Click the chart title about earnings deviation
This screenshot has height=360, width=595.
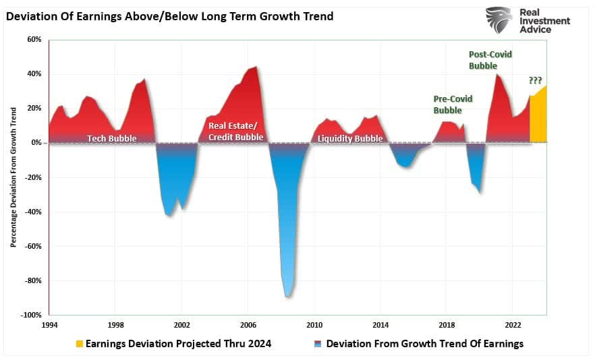[x=169, y=16]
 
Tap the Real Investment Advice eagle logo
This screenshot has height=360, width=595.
[x=499, y=20]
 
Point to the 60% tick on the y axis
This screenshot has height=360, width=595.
[x=34, y=40]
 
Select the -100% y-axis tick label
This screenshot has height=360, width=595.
[x=31, y=315]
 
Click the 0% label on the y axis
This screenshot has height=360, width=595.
[x=36, y=143]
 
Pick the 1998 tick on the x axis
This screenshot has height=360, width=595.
[x=115, y=324]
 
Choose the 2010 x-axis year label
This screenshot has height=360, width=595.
[x=314, y=324]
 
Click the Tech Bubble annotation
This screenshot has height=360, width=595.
[x=111, y=138]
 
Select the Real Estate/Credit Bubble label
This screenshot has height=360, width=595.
[x=235, y=131]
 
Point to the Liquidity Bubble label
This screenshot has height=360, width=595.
[x=349, y=138]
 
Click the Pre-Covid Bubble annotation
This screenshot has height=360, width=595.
[x=453, y=104]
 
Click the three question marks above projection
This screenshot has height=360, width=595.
[x=535, y=80]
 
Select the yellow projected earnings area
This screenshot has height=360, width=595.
[x=538, y=118]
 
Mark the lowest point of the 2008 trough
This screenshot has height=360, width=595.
[x=288, y=297]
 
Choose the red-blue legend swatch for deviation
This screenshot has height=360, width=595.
[x=317, y=344]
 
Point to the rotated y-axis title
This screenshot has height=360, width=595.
[x=13, y=177]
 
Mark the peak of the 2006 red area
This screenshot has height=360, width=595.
[x=255, y=67]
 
